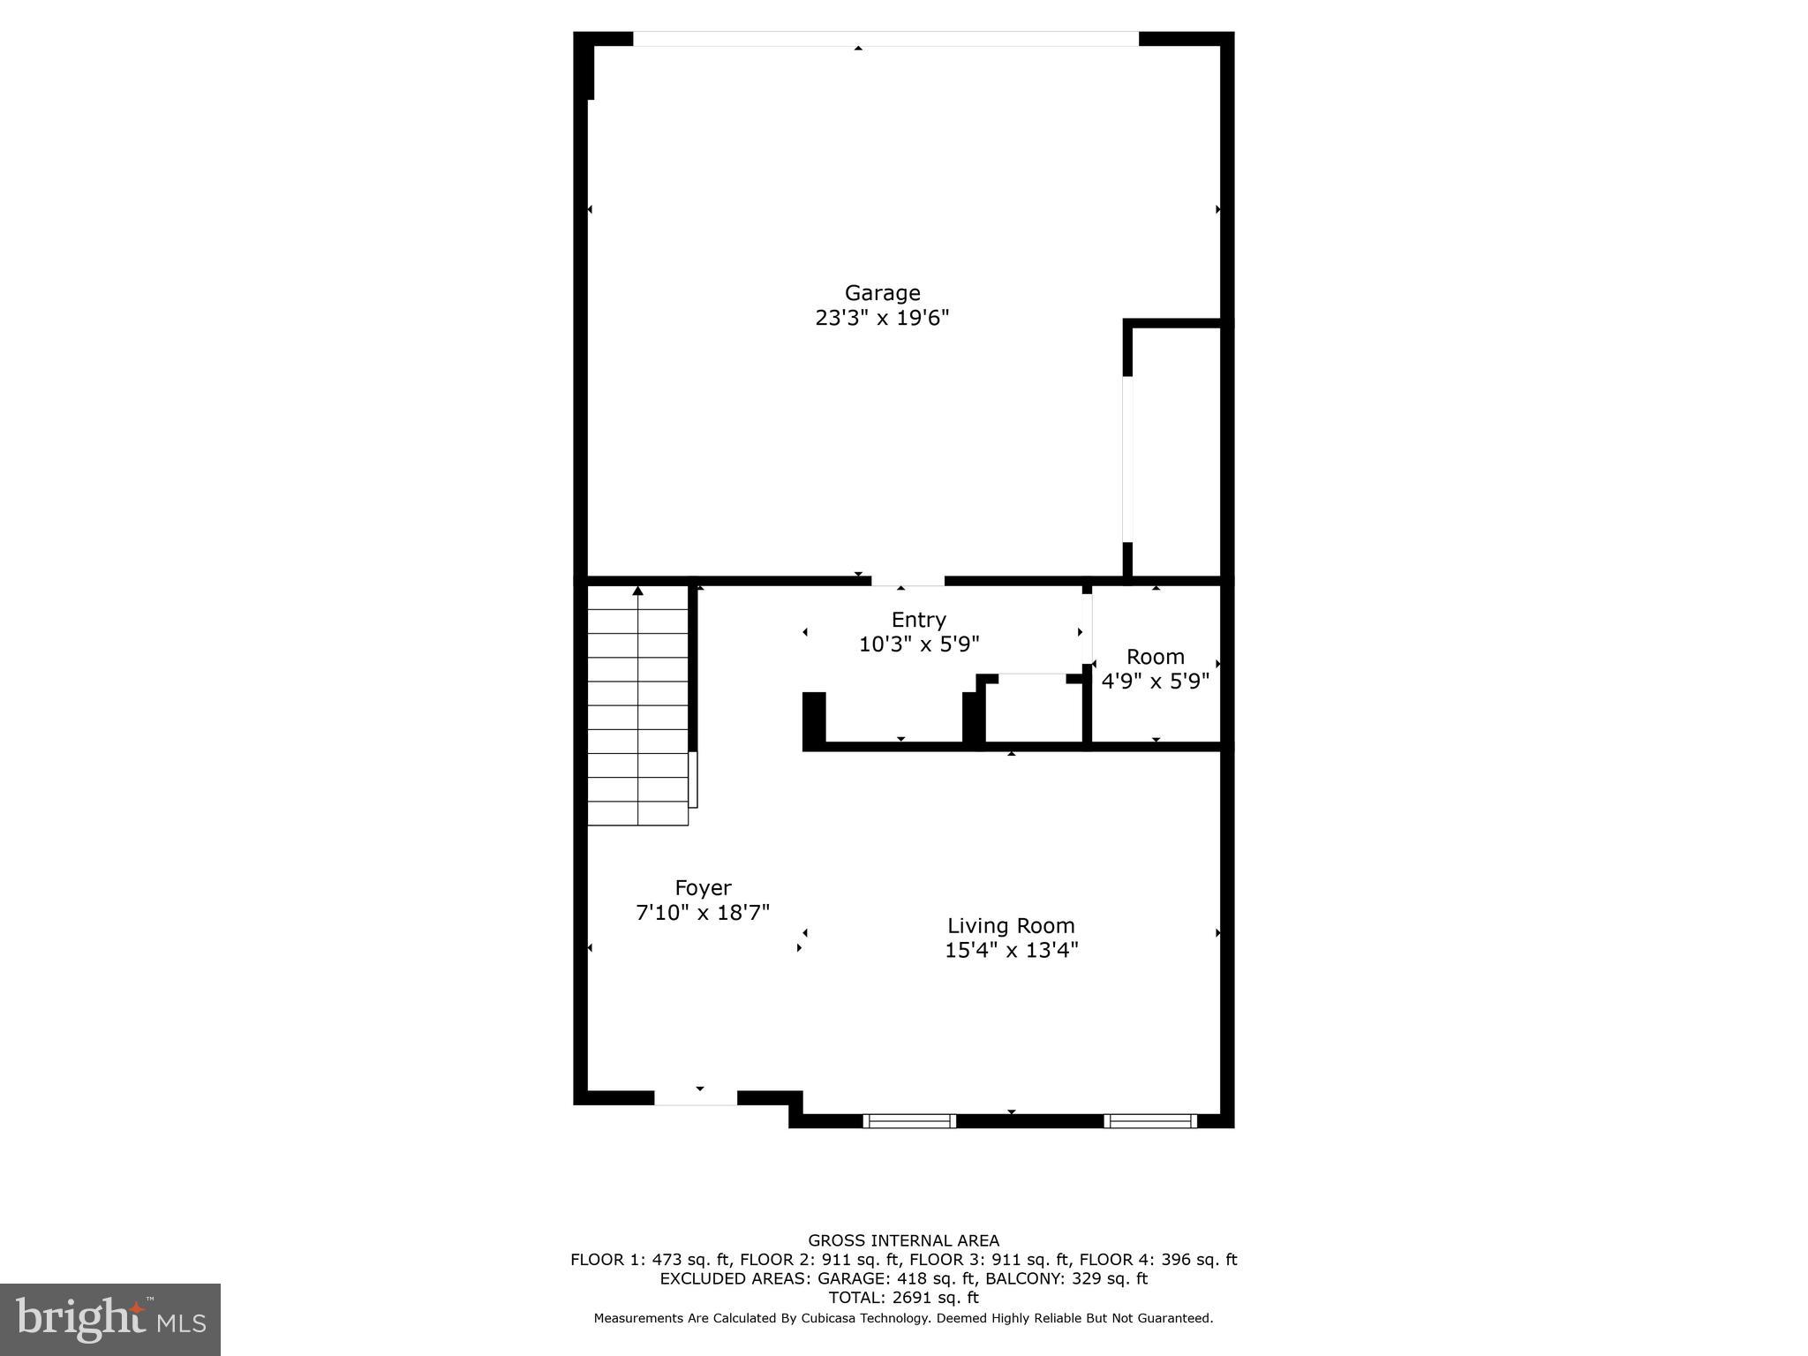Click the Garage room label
tap(882, 293)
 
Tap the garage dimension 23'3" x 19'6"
tap(882, 318)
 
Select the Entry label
tap(918, 620)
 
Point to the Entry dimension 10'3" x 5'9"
tap(918, 644)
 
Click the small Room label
tap(1155, 657)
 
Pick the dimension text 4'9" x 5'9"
tap(1155, 682)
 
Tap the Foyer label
tap(703, 888)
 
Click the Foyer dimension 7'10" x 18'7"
tap(703, 913)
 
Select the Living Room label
tap(1011, 926)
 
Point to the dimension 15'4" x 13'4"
tap(1011, 951)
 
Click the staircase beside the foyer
tap(637, 706)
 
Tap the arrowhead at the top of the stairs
tap(637, 591)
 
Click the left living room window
tap(909, 1121)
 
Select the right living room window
tap(1150, 1121)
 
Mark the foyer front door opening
tap(696, 1098)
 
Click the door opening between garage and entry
tap(908, 581)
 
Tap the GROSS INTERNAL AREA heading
tap(903, 1240)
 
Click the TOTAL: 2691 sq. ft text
tap(903, 1298)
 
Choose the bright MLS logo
tap(110, 1320)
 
